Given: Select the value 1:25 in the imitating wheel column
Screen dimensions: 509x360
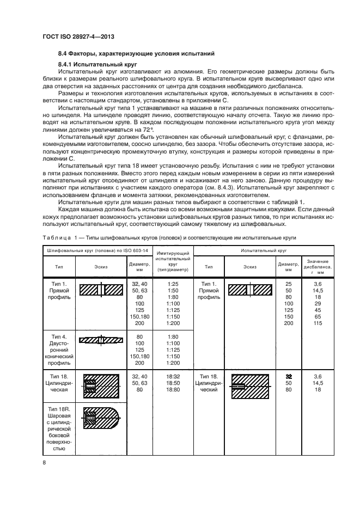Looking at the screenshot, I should coord(173,284).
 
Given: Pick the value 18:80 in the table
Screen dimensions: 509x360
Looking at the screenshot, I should coord(173,390).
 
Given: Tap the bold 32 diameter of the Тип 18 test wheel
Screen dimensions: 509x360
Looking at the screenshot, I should coord(289,376).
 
